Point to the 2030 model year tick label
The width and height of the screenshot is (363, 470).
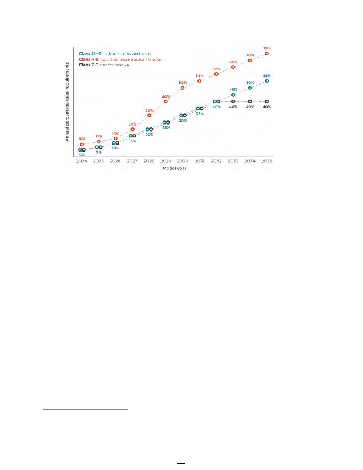(183, 160)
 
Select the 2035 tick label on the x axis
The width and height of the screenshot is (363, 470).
(267, 160)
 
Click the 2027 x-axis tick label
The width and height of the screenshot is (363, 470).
(132, 160)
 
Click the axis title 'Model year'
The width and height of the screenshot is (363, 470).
(174, 168)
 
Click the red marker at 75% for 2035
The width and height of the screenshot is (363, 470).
(267, 53)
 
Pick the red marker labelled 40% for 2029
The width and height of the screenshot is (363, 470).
(166, 102)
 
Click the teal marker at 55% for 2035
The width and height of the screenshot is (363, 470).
(267, 82)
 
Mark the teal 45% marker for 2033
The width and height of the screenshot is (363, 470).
(233, 95)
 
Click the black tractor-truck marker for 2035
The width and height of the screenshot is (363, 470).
(267, 102)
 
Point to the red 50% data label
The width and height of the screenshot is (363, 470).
(183, 82)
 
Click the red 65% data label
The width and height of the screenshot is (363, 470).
(233, 62)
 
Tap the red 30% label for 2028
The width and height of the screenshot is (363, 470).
(149, 110)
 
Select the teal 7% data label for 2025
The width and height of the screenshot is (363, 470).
(99, 152)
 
